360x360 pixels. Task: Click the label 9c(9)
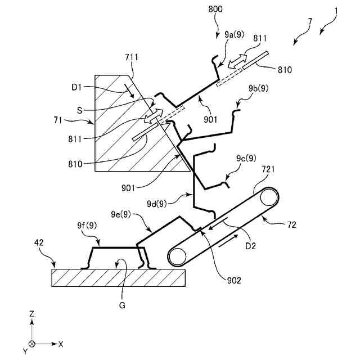pos(246,158)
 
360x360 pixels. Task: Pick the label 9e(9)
pos(121,214)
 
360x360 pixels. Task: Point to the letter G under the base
pos(122,305)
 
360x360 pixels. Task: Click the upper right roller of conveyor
pos(268,199)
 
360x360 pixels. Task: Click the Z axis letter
pos(32,313)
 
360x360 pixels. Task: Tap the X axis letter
pos(60,343)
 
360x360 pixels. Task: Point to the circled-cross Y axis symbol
pos(32,343)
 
